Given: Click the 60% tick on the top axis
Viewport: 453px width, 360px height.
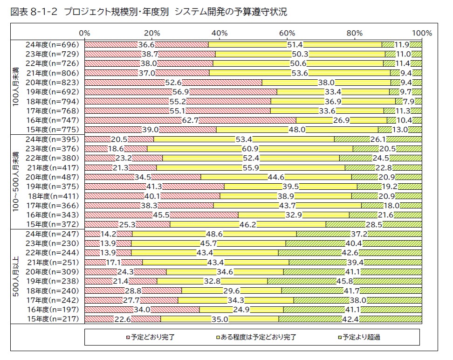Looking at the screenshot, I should [287, 33].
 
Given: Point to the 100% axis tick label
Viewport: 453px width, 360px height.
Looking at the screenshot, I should [422, 33].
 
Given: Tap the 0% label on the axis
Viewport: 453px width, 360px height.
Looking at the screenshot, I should [84, 33].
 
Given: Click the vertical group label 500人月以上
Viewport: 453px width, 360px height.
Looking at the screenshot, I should [17, 277].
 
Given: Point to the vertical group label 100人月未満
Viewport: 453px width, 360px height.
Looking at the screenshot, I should [17, 87].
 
